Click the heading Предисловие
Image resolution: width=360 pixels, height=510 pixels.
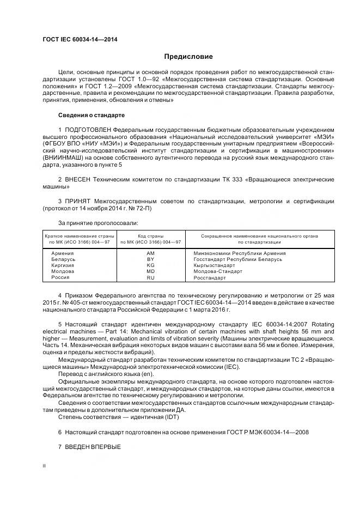click(188, 57)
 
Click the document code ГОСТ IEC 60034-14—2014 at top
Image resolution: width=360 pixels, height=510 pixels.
click(80, 40)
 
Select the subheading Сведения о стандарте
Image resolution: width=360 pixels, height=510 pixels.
click(91, 116)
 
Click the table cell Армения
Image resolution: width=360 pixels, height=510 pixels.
click(63, 253)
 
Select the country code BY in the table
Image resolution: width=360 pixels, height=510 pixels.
click(151, 259)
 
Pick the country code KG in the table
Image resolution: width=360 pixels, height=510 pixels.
click(151, 265)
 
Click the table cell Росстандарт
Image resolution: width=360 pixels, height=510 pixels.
click(210, 277)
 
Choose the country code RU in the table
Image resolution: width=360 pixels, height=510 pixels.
click(151, 277)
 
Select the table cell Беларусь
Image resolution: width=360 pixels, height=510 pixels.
click(63, 259)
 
